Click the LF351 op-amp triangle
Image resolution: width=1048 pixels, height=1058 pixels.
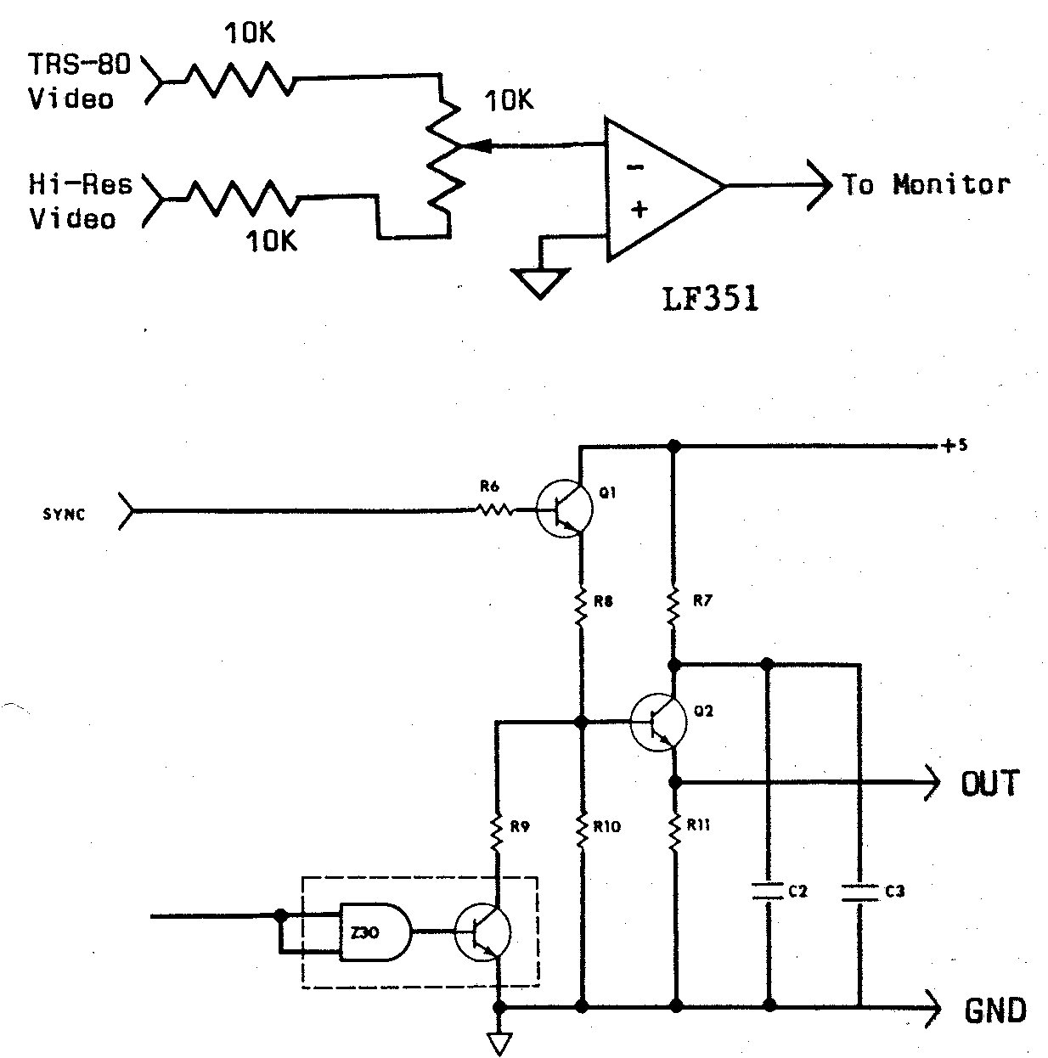pyautogui.click(x=658, y=188)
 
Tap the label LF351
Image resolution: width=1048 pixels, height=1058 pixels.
pyautogui.click(x=710, y=300)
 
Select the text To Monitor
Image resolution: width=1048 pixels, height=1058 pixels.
pyautogui.click(x=926, y=184)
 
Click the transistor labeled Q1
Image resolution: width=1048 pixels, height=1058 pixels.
pyautogui.click(x=563, y=510)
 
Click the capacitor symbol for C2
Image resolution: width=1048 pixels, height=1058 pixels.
pyautogui.click(x=769, y=892)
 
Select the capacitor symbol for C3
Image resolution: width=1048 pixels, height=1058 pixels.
pyautogui.click(x=859, y=892)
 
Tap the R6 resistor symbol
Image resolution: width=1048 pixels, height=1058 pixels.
pyautogui.click(x=493, y=510)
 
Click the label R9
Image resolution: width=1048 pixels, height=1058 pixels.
pyautogui.click(x=520, y=826)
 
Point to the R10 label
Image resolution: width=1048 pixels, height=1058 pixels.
pyautogui.click(x=607, y=826)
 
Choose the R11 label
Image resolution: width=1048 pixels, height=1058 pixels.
pyautogui.click(x=699, y=824)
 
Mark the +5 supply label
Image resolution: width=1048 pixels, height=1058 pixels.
pyautogui.click(x=955, y=445)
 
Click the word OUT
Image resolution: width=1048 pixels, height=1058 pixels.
pyautogui.click(x=989, y=783)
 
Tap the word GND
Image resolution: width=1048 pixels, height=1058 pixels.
pyautogui.click(x=995, y=1010)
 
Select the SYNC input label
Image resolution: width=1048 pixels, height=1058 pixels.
pyautogui.click(x=64, y=515)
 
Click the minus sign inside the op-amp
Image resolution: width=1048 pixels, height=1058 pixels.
pyautogui.click(x=634, y=167)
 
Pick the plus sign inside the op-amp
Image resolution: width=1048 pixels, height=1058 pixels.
pyautogui.click(x=639, y=209)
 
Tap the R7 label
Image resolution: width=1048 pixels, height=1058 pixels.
pyautogui.click(x=702, y=601)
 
